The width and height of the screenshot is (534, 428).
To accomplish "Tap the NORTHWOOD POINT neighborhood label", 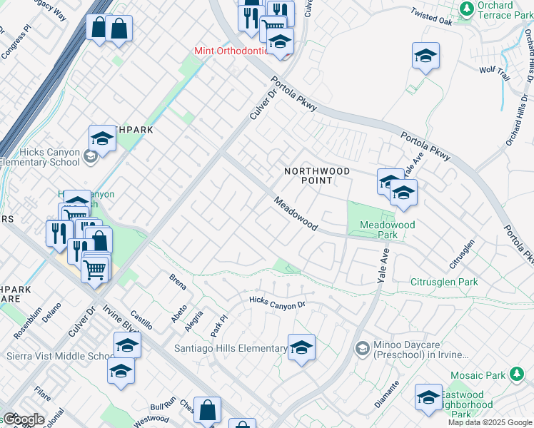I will tap(317, 175).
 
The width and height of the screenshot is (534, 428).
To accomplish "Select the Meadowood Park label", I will tap(387, 230).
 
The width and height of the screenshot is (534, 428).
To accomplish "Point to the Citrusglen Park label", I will tap(444, 282).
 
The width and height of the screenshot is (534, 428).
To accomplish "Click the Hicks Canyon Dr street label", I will tap(277, 302).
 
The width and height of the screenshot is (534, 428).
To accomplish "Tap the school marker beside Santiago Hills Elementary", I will tap(301, 347).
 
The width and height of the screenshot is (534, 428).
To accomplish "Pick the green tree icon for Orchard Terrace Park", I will tap(467, 9).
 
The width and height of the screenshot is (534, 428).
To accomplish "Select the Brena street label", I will tap(177, 281).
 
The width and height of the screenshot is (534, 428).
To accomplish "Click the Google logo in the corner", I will tap(24, 419).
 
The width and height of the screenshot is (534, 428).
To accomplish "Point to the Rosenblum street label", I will tap(26, 323).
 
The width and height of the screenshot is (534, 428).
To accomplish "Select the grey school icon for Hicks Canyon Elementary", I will tap(91, 156).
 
